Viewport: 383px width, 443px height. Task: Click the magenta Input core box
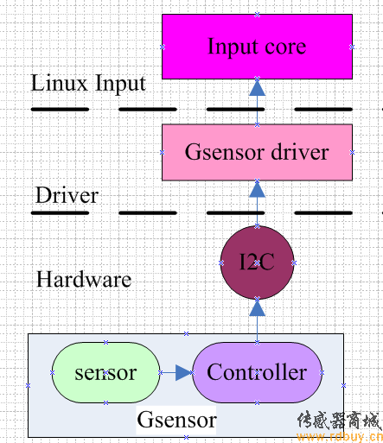pyautogui.click(x=257, y=47)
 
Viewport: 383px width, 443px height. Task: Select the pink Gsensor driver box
pyautogui.click(x=257, y=152)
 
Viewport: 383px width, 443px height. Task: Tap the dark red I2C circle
pyautogui.click(x=257, y=263)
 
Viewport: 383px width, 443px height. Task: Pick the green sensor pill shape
pyautogui.click(x=105, y=372)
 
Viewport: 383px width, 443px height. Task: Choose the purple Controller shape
pyautogui.click(x=257, y=372)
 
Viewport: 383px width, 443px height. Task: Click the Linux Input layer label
pyautogui.click(x=88, y=83)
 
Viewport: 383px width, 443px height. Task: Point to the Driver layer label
pyautogui.click(x=67, y=195)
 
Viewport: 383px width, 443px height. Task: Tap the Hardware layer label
pyautogui.click(x=84, y=279)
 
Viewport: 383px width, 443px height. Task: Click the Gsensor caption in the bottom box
pyautogui.click(x=176, y=420)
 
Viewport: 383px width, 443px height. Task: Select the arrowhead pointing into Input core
pyautogui.click(x=257, y=87)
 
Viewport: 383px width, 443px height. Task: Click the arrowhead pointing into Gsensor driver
pyautogui.click(x=257, y=189)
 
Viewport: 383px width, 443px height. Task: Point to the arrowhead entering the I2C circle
pyautogui.click(x=257, y=307)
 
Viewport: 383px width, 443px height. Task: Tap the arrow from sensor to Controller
pyautogui.click(x=176, y=373)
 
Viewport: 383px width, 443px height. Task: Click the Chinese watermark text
pyautogui.click(x=339, y=421)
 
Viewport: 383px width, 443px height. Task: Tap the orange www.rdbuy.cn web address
pyautogui.click(x=340, y=437)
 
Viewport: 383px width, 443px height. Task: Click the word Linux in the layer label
pyautogui.click(x=59, y=83)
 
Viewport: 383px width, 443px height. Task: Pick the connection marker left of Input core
pyautogui.click(x=163, y=47)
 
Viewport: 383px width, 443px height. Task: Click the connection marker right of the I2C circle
pyautogui.click(x=294, y=263)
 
